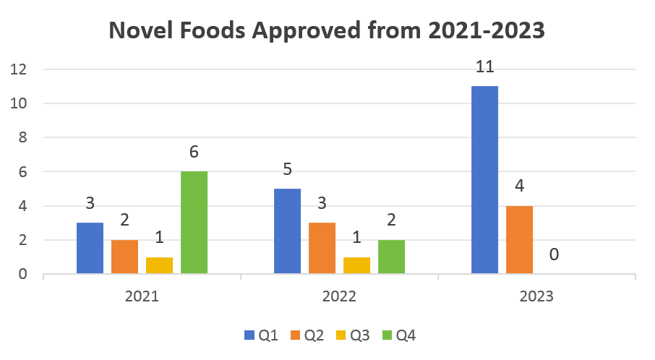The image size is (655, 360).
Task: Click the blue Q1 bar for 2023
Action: (484, 180)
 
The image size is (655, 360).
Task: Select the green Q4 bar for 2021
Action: (194, 223)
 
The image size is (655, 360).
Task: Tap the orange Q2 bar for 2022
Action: (322, 248)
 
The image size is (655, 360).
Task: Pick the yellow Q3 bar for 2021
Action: (159, 265)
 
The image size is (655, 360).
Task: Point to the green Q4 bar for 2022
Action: (391, 257)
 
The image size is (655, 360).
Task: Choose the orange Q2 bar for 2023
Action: (519, 240)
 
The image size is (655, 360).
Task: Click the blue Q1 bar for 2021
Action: (90, 248)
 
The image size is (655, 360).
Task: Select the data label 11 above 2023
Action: (484, 67)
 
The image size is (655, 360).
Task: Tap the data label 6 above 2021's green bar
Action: (194, 152)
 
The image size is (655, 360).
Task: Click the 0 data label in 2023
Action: (554, 254)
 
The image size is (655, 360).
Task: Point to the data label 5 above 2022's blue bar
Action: (287, 169)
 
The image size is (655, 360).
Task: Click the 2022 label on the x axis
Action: (339, 296)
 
